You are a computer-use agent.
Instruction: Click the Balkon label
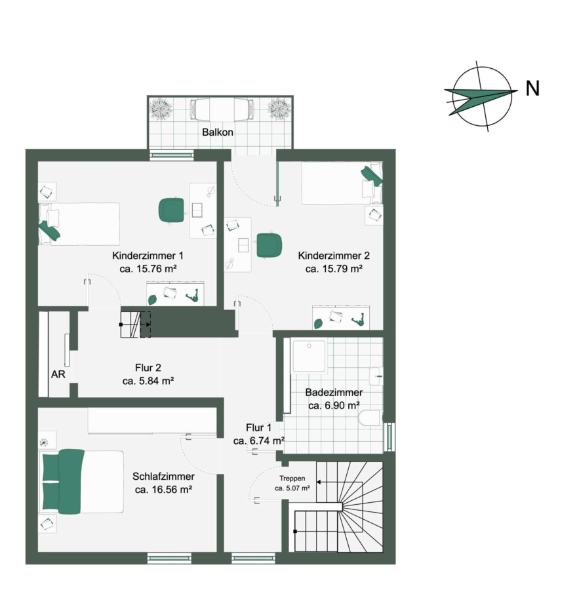pyautogui.click(x=218, y=132)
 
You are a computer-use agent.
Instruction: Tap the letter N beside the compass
pyautogui.click(x=532, y=88)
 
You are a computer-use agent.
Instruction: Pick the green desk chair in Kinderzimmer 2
pyautogui.click(x=269, y=245)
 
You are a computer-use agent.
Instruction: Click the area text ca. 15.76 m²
pyautogui.click(x=148, y=269)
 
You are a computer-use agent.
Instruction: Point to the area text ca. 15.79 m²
pyautogui.click(x=334, y=269)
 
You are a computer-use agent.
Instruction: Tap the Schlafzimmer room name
pyautogui.click(x=163, y=477)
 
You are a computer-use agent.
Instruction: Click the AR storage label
pyautogui.click(x=58, y=374)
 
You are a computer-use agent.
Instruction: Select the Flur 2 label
pyautogui.click(x=148, y=368)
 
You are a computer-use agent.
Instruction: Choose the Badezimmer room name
pyautogui.click(x=334, y=392)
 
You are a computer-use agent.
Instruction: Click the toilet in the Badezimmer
pyautogui.click(x=370, y=418)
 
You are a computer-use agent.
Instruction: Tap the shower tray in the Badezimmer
pyautogui.click(x=309, y=357)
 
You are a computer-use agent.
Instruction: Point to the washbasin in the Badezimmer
pyautogui.click(x=376, y=376)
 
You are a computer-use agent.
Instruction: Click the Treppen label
pyautogui.click(x=292, y=479)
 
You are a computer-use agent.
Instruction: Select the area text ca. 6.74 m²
pyautogui.click(x=258, y=441)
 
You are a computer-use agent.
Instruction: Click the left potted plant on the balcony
pyautogui.click(x=161, y=108)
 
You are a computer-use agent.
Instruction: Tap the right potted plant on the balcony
pyautogui.click(x=279, y=108)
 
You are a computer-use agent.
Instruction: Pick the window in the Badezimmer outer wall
pyautogui.click(x=389, y=437)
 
